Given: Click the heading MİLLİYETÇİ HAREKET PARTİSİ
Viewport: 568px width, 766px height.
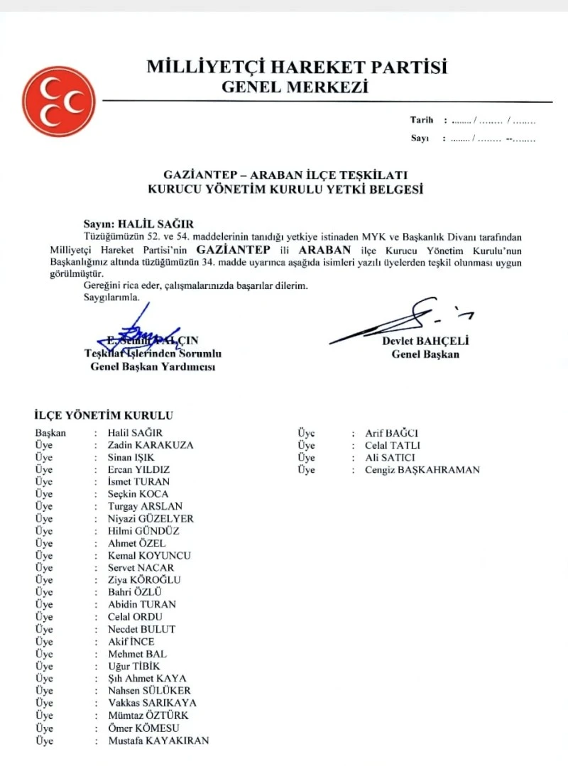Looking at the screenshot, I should [297, 67].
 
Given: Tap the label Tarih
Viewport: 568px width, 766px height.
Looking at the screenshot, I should [421, 120].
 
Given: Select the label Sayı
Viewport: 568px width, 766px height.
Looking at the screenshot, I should [420, 138].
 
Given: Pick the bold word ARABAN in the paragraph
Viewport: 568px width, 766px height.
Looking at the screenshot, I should [326, 250].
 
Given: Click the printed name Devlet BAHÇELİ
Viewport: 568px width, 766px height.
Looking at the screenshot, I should [425, 341].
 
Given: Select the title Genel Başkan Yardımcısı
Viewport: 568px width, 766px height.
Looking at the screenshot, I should [153, 366].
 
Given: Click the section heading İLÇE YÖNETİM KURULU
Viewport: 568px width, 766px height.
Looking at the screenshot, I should [104, 416].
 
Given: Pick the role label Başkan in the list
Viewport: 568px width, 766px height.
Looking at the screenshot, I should [50, 433].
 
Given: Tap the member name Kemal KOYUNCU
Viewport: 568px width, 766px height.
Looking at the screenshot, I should [149, 555].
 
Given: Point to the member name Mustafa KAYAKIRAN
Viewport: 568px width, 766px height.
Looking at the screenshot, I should [158, 740].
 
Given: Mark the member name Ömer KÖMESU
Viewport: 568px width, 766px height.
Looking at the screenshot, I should [143, 728].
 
